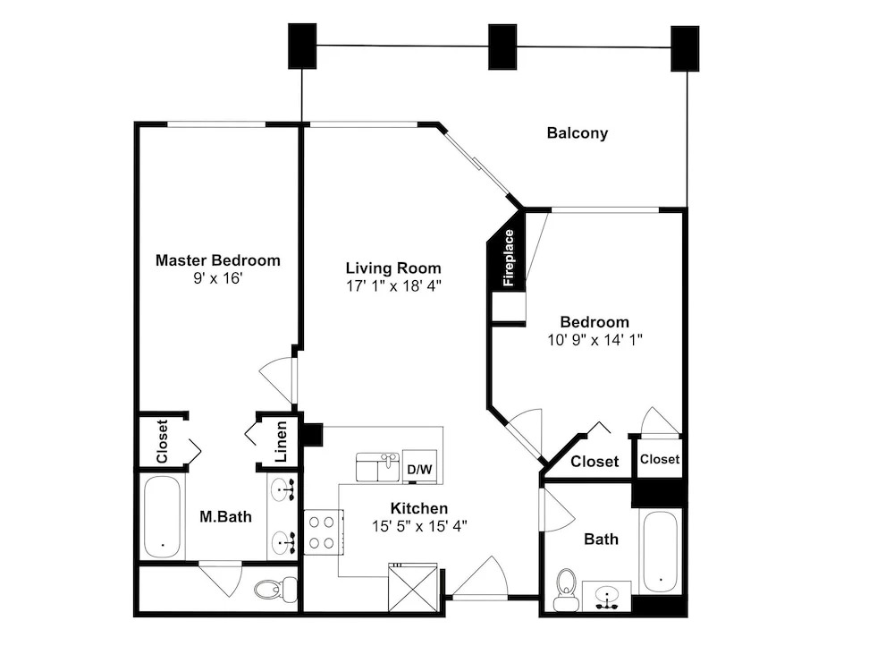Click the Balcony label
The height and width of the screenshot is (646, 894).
coord(577,133)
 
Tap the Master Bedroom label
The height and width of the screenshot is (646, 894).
coord(218,260)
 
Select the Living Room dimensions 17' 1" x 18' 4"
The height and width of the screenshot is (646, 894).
coord(394,286)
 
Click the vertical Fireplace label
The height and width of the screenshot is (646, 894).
coord(509,258)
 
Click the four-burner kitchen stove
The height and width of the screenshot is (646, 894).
coord(323,531)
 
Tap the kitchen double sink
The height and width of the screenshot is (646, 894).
coord(378,467)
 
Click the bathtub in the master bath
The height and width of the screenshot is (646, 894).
coord(163,517)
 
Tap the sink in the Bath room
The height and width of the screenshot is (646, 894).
coord(607,597)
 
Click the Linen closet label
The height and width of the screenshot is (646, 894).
coord(281,442)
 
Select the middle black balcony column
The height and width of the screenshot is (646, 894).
coord(502,47)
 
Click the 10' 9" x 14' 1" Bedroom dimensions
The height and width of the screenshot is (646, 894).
coord(595,340)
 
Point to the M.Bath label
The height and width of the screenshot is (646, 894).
coord(226,516)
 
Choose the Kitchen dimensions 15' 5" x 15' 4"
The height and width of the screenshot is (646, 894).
coord(419,525)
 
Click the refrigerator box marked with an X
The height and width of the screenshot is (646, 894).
coord(413,587)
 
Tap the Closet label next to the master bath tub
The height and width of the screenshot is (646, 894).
coord(162,442)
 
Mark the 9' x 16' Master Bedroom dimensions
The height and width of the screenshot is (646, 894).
coord(218,278)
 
